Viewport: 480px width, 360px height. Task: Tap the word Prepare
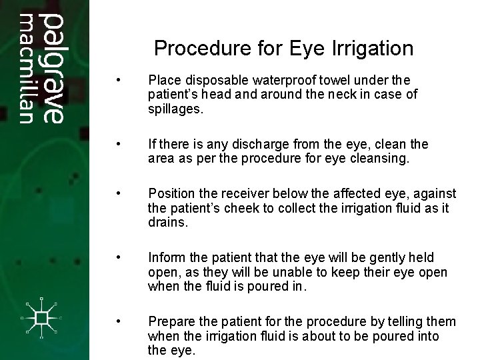(171, 321)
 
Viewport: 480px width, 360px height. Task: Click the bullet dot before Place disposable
(118, 81)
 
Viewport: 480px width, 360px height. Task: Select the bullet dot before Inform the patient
(118, 257)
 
